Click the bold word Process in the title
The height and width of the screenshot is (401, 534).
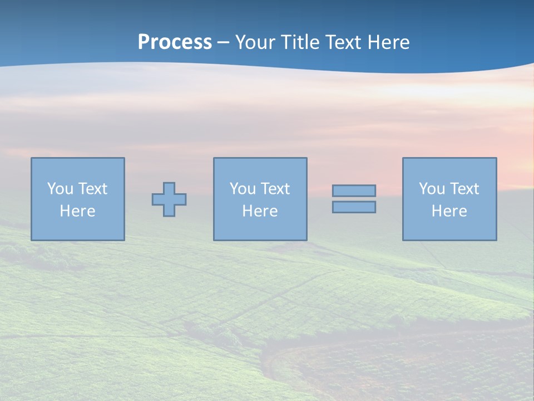pos(175,42)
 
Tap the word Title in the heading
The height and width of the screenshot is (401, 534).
pos(300,42)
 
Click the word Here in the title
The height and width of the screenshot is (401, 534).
pos(388,42)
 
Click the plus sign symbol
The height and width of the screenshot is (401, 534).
pos(169,199)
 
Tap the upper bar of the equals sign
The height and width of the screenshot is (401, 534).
pos(354,191)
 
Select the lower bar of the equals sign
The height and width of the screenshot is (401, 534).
pos(354,207)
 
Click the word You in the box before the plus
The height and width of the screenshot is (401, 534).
pos(60,189)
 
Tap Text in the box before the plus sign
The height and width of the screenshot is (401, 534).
pos(92,189)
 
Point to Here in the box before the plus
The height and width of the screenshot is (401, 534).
pos(78,211)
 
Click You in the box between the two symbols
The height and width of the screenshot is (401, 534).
pos(243,189)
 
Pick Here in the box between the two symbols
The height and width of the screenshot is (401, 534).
pos(260,211)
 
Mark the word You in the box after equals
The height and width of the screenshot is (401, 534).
pos(432,189)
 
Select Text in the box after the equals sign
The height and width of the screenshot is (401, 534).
pos(464,189)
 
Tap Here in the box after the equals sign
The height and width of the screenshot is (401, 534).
pos(449,211)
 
